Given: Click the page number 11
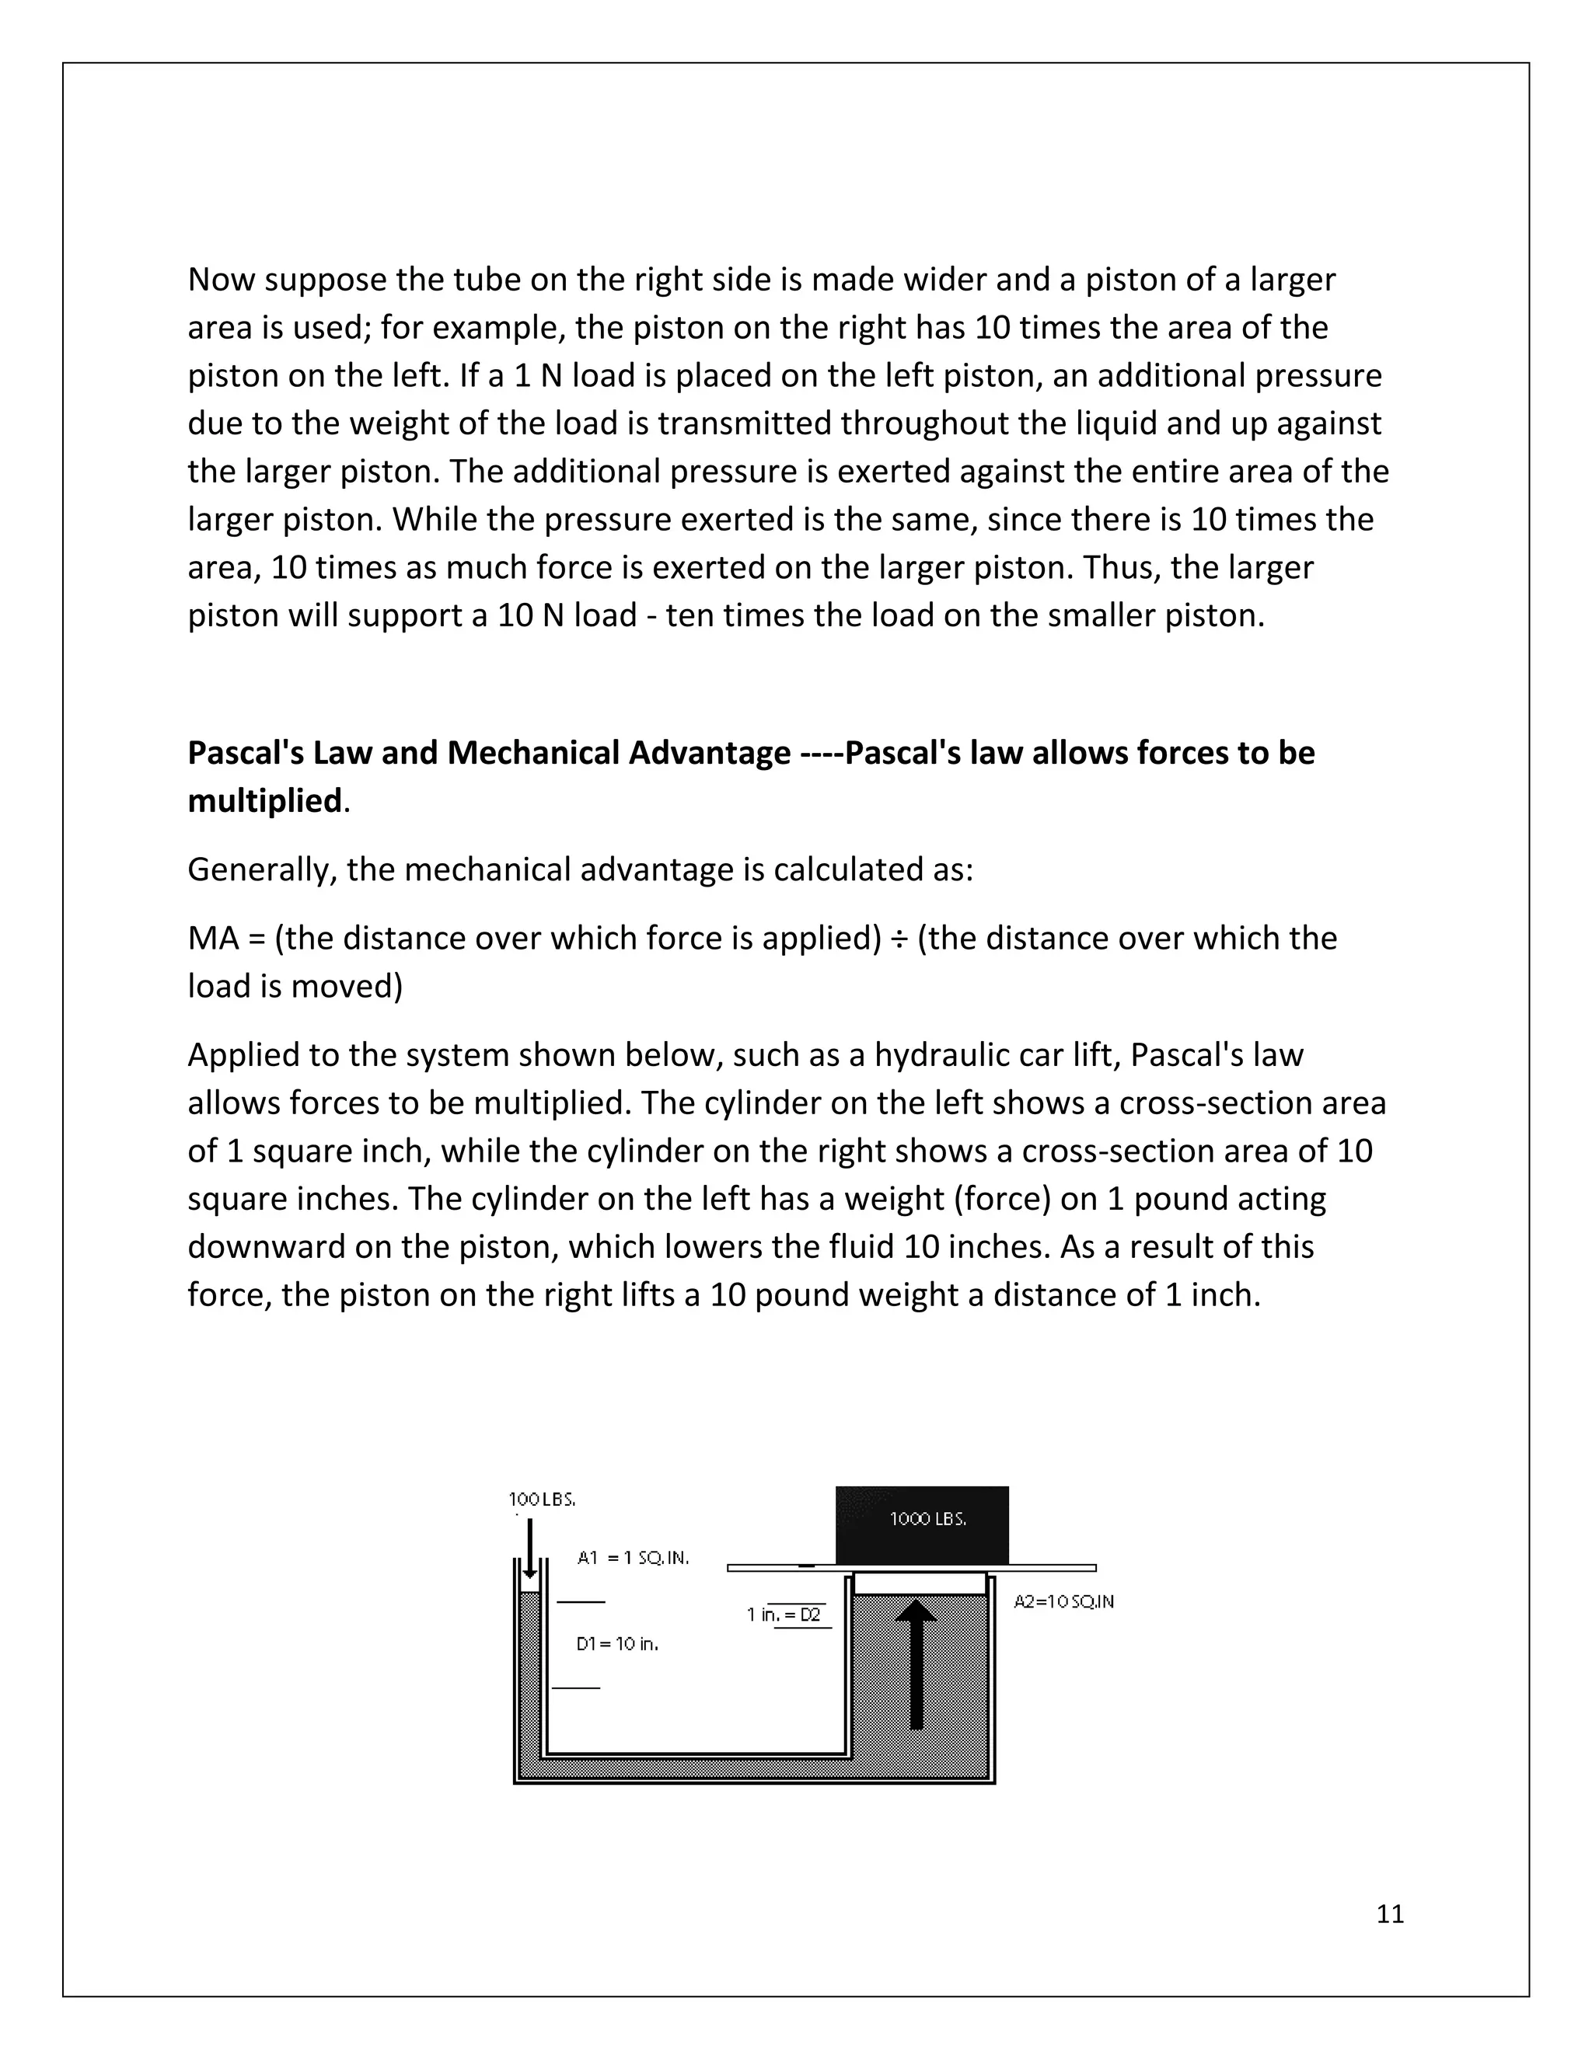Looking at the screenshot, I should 1389,1913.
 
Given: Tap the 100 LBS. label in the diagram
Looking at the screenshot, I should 541,1499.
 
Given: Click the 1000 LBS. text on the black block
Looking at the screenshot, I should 928,1519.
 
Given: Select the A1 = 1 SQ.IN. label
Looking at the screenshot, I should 633,1559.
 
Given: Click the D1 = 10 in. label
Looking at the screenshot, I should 616,1643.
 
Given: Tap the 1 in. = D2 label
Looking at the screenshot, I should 784,1614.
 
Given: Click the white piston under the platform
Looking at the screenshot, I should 920,1583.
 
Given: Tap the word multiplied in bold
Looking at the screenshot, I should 264,800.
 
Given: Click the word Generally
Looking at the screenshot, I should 262,869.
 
